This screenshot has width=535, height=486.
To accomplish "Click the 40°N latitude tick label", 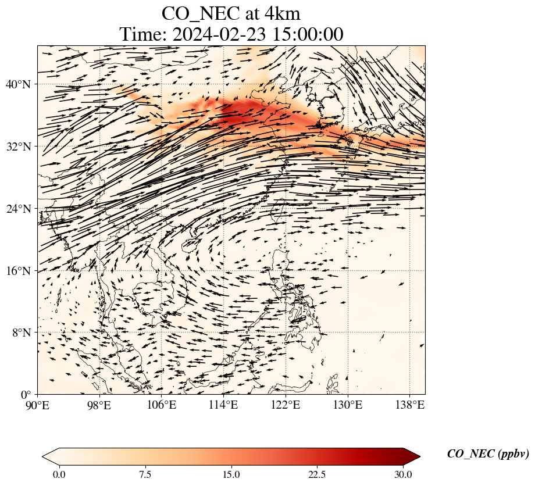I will [22, 84].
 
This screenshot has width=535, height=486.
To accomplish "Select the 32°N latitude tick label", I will [22, 146].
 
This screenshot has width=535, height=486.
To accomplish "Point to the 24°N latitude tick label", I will [22, 209].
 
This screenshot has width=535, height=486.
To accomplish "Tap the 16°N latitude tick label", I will [22, 271].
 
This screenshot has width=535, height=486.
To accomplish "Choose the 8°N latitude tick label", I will [24, 333].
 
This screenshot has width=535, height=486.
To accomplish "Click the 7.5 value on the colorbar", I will [145, 474].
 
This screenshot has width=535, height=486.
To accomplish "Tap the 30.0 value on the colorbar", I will [403, 474].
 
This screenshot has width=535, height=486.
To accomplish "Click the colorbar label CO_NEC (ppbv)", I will [488, 454].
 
